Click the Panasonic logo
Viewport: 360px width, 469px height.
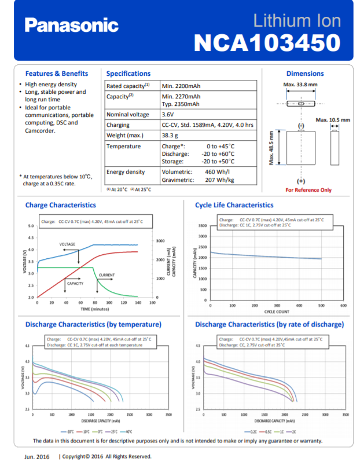71,25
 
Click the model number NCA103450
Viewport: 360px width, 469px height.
267,42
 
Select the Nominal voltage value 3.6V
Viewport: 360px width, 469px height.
170,115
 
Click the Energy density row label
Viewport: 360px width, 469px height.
126,172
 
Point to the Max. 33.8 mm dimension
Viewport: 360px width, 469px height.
300,85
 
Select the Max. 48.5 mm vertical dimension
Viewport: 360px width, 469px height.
271,148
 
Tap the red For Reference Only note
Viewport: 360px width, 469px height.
308,190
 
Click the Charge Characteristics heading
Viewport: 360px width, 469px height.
61,205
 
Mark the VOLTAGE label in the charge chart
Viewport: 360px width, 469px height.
67,244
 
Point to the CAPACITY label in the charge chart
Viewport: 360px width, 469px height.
75,283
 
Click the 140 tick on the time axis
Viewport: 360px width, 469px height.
138,303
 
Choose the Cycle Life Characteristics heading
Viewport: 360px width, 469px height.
234,205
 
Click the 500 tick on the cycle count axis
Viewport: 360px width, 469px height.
321,305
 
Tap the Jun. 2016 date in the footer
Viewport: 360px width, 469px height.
36,456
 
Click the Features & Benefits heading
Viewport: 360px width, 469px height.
57,74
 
